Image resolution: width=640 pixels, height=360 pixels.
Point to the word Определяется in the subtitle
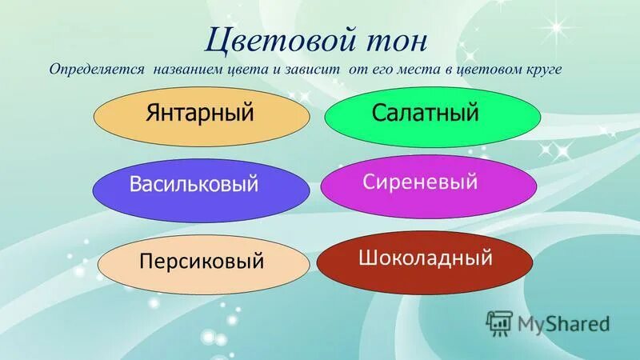click(96, 70)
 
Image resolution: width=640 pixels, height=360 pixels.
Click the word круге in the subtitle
click(544, 70)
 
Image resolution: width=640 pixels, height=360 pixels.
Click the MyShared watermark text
click(563, 324)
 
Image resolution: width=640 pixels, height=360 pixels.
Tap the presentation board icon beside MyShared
click(499, 322)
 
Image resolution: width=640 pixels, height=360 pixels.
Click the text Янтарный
click(200, 113)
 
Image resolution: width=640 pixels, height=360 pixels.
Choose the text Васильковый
click(194, 185)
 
